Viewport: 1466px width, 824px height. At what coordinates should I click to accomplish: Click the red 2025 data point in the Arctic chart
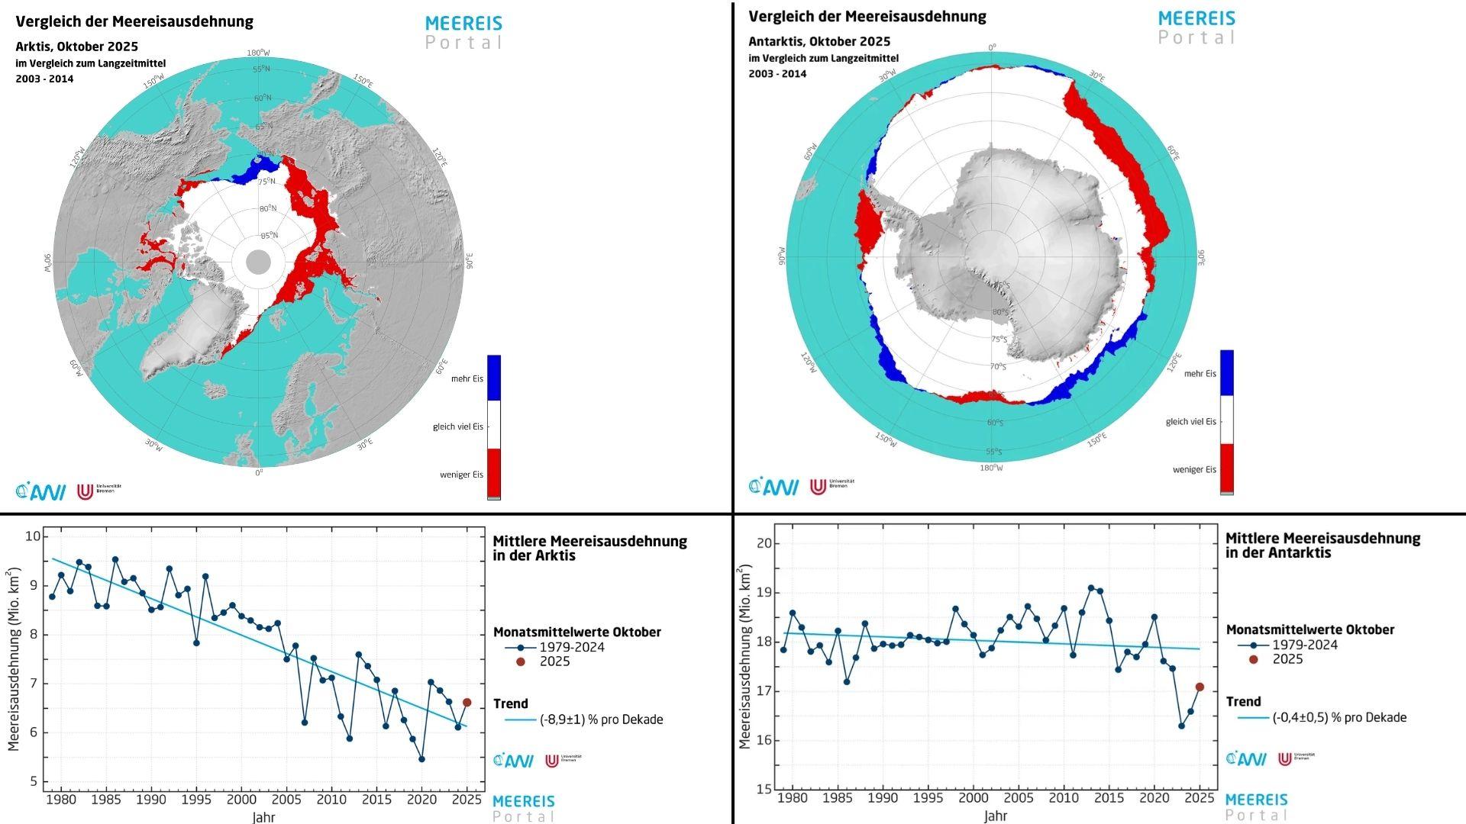click(467, 702)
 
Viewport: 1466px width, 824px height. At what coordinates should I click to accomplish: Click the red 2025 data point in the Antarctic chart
click(1200, 687)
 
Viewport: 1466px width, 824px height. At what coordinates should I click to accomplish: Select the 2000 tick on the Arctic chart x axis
click(241, 799)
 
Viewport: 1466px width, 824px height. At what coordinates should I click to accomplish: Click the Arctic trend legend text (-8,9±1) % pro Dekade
click(601, 719)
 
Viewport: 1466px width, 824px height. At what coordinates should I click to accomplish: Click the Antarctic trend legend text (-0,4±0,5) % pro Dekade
click(1338, 717)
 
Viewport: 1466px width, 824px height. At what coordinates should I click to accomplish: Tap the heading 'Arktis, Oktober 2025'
click(76, 47)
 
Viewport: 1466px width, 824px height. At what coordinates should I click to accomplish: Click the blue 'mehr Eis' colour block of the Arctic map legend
click(494, 378)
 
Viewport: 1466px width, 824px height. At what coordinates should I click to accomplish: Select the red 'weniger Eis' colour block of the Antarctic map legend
click(1227, 468)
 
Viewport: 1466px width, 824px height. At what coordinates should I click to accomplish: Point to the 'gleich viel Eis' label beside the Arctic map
click(457, 426)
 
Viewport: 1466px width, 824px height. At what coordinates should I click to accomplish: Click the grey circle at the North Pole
click(259, 262)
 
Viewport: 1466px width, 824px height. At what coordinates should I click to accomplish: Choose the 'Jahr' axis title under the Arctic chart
click(263, 817)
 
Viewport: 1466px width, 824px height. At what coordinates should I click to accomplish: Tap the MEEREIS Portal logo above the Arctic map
click(463, 33)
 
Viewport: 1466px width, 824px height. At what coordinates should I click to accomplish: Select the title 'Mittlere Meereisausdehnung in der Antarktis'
click(1322, 546)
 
